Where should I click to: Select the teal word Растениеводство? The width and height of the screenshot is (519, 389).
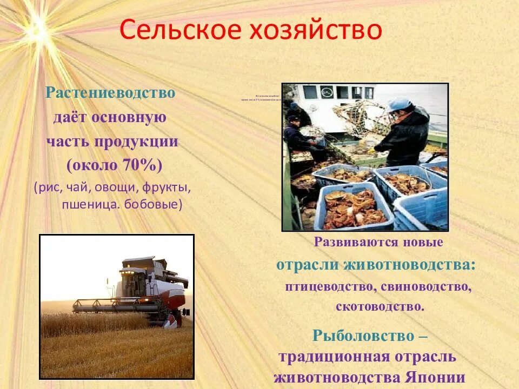click(110, 93)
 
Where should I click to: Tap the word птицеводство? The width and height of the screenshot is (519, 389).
click(328, 286)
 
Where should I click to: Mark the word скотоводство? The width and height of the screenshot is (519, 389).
click(379, 306)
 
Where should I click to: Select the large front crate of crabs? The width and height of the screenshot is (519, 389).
click(354, 208)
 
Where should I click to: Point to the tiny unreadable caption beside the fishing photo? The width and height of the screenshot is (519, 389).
click(260, 99)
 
